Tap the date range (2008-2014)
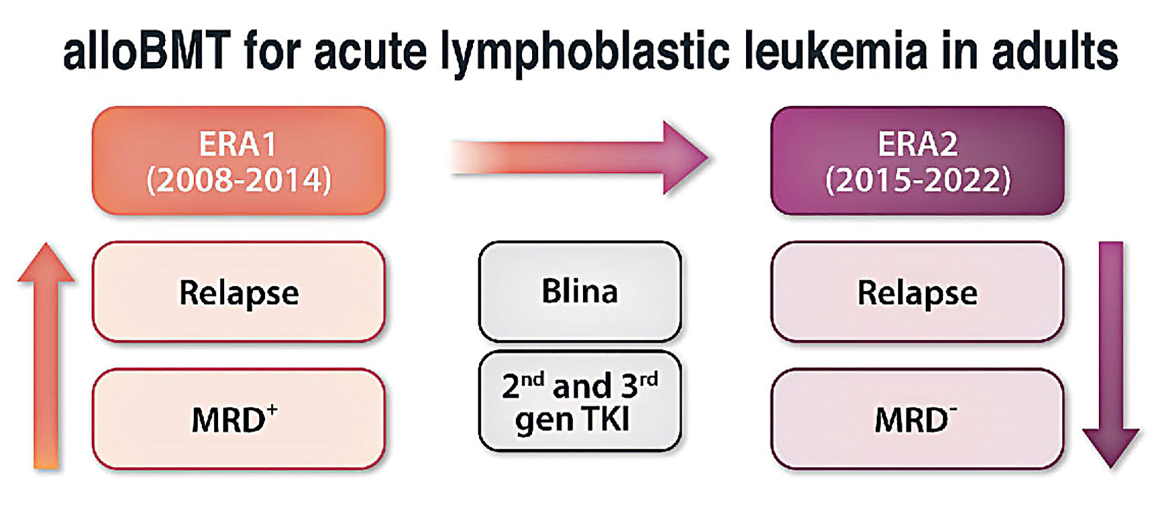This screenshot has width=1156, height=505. [239, 180]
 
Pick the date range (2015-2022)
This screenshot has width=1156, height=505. [917, 180]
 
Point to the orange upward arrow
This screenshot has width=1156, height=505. [46, 355]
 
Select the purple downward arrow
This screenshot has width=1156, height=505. [1111, 355]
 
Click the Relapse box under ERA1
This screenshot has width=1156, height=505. [239, 292]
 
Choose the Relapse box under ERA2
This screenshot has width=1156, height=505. [917, 292]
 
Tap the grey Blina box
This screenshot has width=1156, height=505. [579, 291]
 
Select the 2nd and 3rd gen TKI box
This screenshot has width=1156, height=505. [579, 402]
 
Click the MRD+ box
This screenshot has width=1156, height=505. [239, 419]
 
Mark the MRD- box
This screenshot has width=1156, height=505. [917, 419]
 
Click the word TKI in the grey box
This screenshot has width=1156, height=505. [607, 420]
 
